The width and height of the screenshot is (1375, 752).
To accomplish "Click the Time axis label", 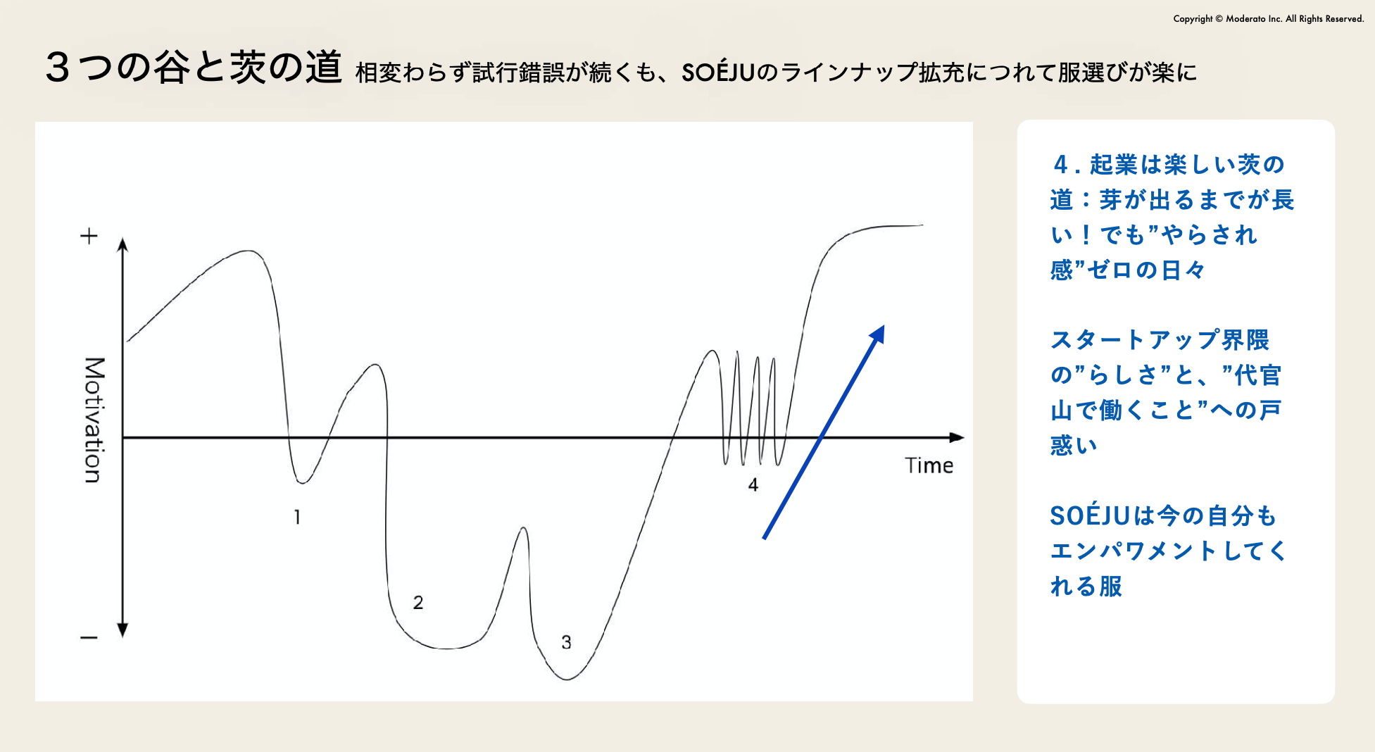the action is (929, 465).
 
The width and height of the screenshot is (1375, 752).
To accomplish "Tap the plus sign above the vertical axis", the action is (89, 236).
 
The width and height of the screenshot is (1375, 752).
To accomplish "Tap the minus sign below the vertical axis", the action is (89, 638).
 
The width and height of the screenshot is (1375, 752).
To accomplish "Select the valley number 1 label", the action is (297, 518).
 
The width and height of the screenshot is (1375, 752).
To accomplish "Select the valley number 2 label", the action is (418, 603).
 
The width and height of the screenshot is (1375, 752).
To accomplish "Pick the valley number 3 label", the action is (566, 642).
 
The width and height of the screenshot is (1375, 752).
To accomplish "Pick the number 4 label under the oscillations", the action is (753, 485).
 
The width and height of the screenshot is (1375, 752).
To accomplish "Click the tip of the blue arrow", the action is (884, 325).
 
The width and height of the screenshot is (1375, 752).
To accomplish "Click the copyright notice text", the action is (1269, 19).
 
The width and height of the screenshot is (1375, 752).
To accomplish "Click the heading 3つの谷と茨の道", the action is (194, 68).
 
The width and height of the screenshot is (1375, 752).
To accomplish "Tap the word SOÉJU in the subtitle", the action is (718, 72).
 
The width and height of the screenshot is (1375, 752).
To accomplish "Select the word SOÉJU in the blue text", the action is (1090, 515).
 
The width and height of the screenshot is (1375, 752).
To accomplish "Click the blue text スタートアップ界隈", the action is (1160, 340).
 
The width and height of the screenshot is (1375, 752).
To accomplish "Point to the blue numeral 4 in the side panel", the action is (1061, 165).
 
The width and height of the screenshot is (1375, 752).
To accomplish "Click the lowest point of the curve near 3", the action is (567, 679).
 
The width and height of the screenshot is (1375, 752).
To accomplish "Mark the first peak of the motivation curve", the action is (248, 251).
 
